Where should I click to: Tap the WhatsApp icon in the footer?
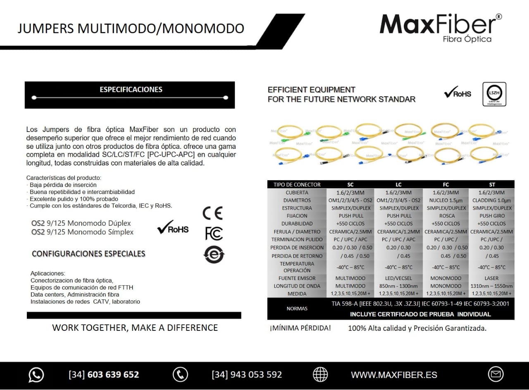point(36,375)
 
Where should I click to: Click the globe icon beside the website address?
point(320,374)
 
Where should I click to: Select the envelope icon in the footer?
point(496,374)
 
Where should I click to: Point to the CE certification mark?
point(212,213)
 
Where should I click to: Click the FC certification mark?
point(214,233)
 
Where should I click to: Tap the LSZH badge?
point(494,94)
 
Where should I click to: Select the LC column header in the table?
point(398,184)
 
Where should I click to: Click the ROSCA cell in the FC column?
point(447,216)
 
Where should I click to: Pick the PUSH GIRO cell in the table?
point(492,216)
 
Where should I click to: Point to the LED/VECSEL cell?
point(398,278)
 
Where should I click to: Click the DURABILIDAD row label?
point(297,224)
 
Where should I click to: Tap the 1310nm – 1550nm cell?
point(491,286)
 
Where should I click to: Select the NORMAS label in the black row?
point(296,309)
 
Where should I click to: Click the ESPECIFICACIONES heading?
point(131,89)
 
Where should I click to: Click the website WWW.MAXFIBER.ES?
point(394,375)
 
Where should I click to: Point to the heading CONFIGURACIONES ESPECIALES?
point(88,254)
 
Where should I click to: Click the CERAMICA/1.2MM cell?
point(398,232)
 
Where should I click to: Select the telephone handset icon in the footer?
point(180,374)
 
